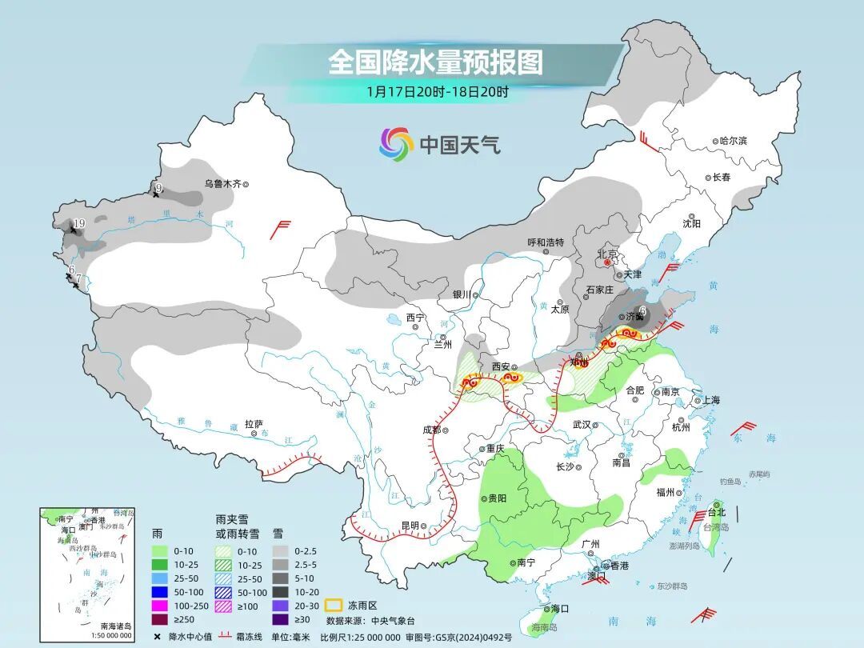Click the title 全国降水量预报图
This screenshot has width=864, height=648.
(435, 62)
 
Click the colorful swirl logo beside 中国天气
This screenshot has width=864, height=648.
(396, 144)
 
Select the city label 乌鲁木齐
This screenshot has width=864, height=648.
(222, 183)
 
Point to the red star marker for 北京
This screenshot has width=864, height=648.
(607, 262)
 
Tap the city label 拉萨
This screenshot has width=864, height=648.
(254, 424)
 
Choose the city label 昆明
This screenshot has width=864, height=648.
(410, 526)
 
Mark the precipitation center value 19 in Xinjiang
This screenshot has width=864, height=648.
(78, 223)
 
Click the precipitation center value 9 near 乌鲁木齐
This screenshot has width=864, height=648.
(158, 188)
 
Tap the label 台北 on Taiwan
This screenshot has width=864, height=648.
(716, 512)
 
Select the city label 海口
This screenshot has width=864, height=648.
(560, 609)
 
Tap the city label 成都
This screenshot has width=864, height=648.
(431, 430)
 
